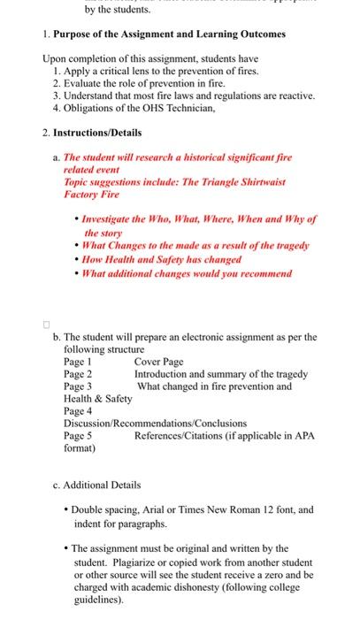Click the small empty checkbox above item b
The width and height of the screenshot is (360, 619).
[x=49, y=323]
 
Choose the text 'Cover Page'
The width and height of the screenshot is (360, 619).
[x=159, y=362]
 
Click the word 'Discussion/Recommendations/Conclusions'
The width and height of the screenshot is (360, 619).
[x=155, y=424]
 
